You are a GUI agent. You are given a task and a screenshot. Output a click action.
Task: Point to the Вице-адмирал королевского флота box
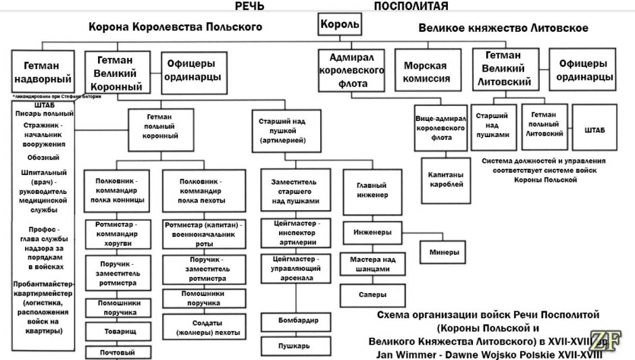point(441,127)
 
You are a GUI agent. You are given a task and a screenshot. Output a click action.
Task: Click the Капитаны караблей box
point(445,179)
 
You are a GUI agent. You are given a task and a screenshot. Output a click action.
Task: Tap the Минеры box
point(443,253)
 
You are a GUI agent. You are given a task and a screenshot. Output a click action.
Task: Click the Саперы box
point(372,294)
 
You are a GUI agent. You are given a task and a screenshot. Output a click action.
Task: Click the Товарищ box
point(118,332)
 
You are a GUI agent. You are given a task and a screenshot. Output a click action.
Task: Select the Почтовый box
point(118,352)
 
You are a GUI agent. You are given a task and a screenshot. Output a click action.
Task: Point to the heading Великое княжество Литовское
point(503,28)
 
